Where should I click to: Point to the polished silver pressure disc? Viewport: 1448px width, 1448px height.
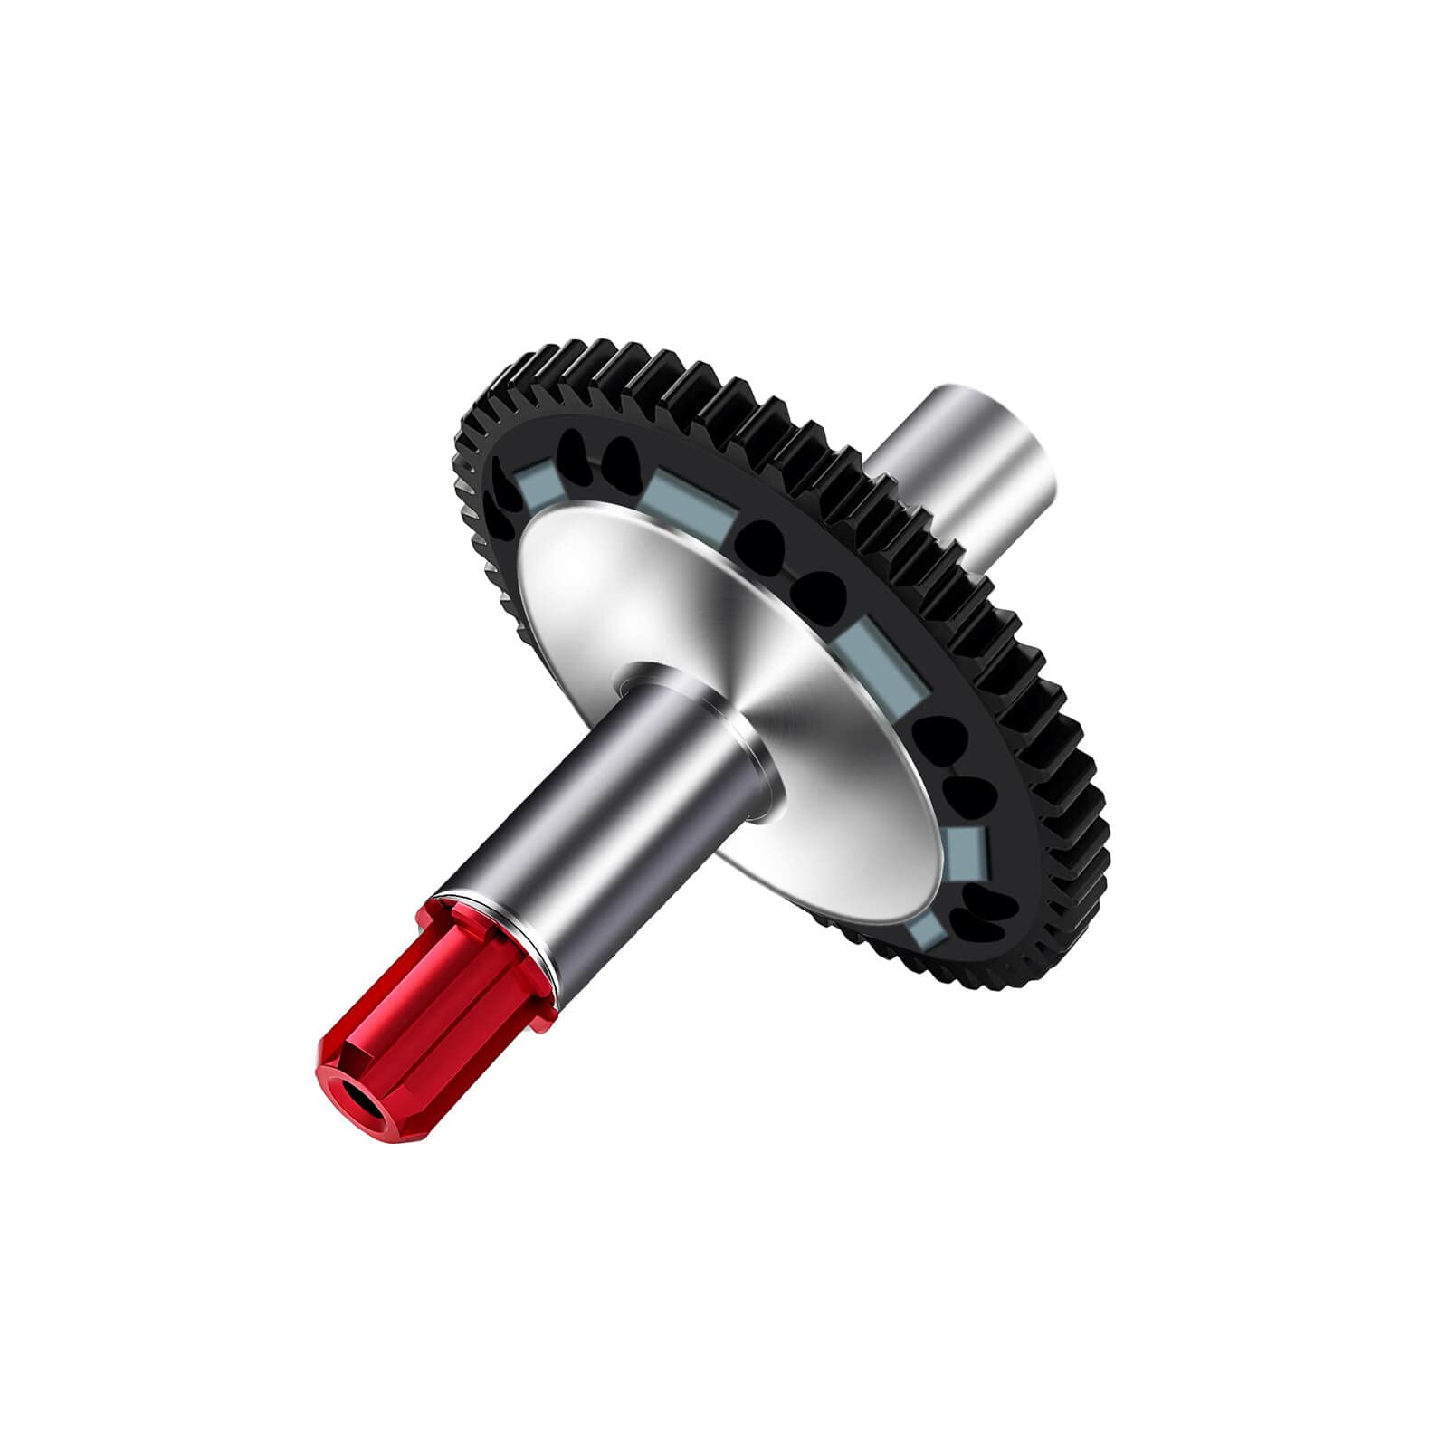(x=688, y=615)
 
